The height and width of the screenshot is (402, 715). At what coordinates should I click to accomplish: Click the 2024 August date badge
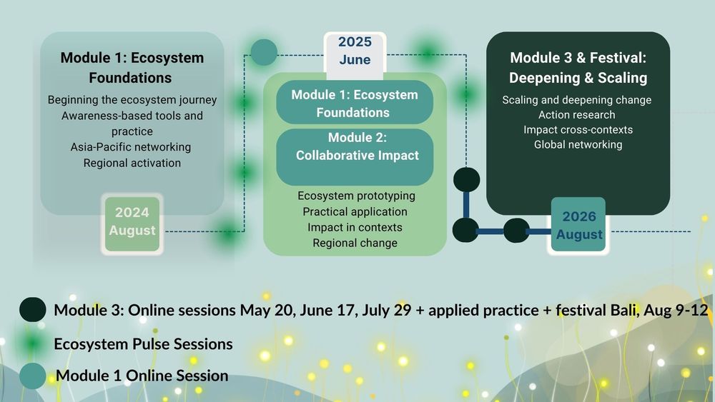[x=132, y=224]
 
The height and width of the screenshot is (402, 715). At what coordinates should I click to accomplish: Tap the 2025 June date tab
[x=355, y=54]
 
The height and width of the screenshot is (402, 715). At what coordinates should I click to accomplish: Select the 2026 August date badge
[x=578, y=225]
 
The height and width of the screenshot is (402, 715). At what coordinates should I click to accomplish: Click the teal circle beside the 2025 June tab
[x=264, y=52]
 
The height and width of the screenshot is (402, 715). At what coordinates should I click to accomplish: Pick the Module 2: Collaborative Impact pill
[x=355, y=156]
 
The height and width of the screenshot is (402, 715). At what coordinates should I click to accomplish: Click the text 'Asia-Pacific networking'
[x=131, y=147]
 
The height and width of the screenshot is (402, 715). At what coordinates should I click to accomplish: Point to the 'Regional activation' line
[x=132, y=163]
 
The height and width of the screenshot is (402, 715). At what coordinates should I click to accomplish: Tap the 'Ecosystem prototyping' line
[x=357, y=196]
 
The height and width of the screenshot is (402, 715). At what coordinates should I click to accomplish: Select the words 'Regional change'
[x=355, y=243]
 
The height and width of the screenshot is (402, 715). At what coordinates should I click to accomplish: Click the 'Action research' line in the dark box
[x=577, y=115]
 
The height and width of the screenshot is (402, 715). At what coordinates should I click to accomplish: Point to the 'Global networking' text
[x=578, y=144]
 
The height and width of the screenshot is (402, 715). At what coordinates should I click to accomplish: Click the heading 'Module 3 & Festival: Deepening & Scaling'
[x=578, y=68]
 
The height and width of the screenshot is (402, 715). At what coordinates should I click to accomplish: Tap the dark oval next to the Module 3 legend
[x=33, y=310]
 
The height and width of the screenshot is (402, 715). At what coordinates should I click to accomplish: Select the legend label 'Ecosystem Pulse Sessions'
[x=143, y=343]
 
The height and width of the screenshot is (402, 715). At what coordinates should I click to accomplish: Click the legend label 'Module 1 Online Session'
[x=142, y=376]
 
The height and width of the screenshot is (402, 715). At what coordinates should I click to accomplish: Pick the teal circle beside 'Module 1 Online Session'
[x=33, y=376]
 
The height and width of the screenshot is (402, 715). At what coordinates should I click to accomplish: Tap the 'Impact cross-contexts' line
[x=578, y=130]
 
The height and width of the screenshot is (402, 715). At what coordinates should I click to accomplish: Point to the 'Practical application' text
[x=355, y=211]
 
